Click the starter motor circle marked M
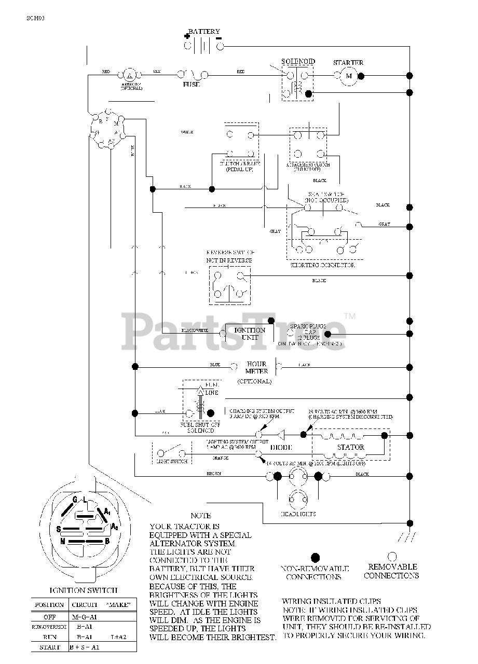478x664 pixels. coord(349,76)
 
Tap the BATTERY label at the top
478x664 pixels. coord(204,32)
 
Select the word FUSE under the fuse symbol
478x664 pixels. coord(190,84)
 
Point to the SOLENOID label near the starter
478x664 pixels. coord(298,61)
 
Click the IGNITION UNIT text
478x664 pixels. coord(250,334)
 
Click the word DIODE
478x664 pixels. coord(282,447)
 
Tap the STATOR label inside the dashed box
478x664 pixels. coord(351,447)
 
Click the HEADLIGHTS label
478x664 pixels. coord(298,514)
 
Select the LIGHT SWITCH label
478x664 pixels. coord(171,461)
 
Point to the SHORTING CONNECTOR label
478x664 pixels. coord(322,265)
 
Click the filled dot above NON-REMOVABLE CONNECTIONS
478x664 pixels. coord(315,558)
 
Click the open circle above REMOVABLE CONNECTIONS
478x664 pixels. coord(392,556)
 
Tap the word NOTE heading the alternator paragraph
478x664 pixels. coord(201,516)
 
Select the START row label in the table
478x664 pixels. coord(49,647)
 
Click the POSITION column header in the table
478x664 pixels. coord(49,604)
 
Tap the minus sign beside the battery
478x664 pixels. coord(218,38)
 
